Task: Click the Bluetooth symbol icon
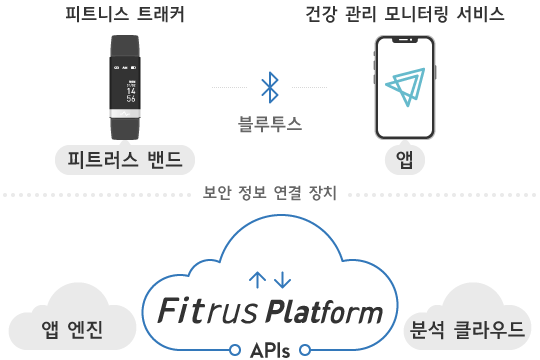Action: point(269,87)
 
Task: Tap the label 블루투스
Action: point(269,123)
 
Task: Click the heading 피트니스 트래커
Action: point(124,15)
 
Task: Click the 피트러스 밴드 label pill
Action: point(124,160)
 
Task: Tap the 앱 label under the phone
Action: point(404,160)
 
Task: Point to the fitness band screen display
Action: point(125,86)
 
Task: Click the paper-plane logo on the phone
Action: point(404,87)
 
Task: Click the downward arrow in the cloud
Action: point(282,279)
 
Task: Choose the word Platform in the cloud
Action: point(324,314)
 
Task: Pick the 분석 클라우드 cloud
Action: point(468,326)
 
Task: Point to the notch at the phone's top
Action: point(404,41)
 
